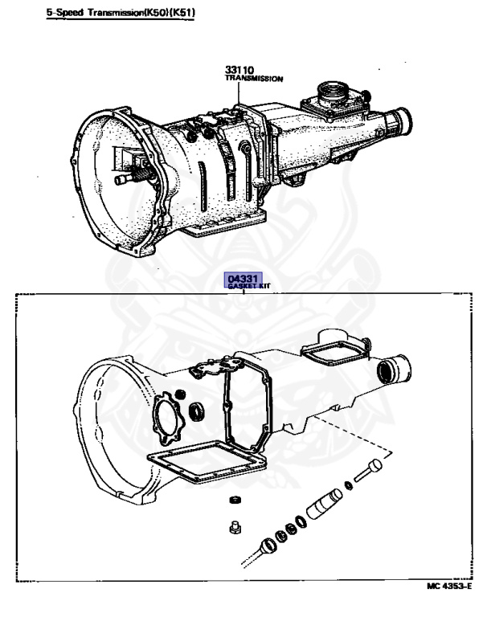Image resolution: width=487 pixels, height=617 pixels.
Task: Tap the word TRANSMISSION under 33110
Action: [x=254, y=80]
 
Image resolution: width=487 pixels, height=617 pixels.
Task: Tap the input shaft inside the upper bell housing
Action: [x=129, y=179]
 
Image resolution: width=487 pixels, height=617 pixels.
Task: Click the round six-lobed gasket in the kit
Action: [x=170, y=415]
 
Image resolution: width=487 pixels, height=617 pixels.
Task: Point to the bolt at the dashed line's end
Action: [x=373, y=467]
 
